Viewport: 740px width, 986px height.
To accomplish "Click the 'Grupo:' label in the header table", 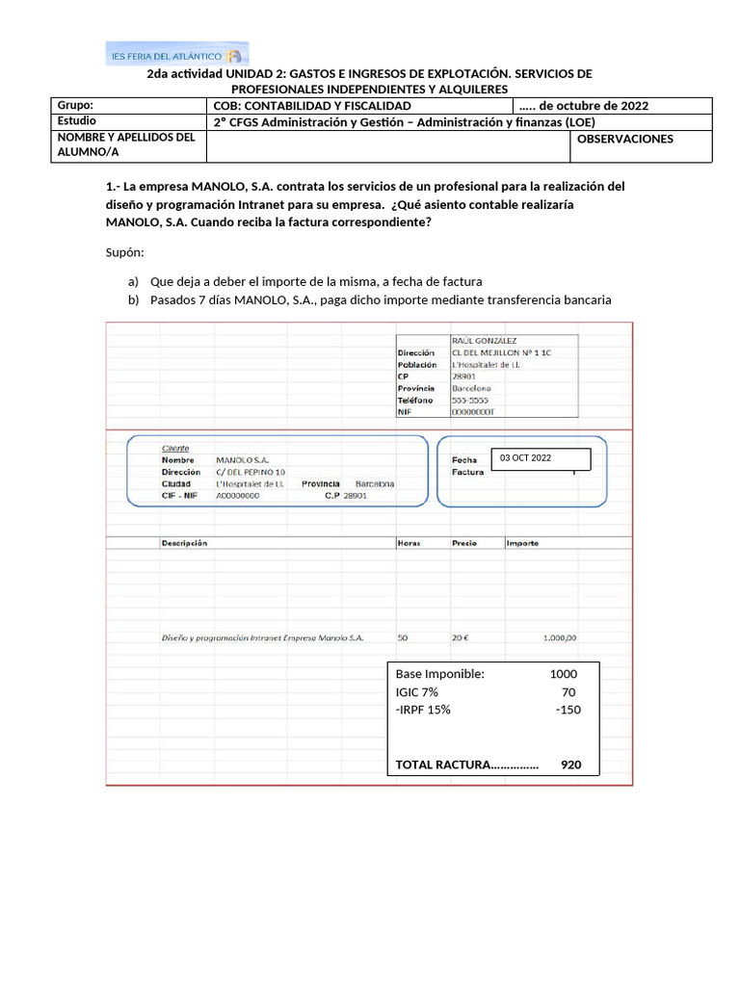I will click(x=78, y=105).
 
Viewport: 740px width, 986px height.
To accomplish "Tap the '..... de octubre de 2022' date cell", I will click(x=584, y=105).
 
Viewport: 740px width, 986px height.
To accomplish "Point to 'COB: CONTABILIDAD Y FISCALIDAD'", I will click(x=312, y=105).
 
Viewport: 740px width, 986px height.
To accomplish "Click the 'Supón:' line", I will click(x=124, y=252).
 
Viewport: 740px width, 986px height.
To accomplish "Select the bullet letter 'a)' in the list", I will click(x=133, y=281).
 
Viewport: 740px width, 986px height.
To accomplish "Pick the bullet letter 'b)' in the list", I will click(x=133, y=299).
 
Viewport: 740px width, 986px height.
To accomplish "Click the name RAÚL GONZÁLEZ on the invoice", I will click(x=484, y=341).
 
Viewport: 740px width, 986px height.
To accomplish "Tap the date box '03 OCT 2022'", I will click(x=540, y=458).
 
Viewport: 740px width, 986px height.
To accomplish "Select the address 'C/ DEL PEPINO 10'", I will click(x=251, y=473).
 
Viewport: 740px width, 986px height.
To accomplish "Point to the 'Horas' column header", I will click(x=409, y=543).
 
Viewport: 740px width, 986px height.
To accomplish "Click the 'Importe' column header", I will click(x=522, y=543).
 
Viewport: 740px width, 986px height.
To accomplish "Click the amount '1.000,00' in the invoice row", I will click(x=559, y=637).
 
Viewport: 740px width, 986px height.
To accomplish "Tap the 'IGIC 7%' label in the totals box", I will click(x=416, y=691).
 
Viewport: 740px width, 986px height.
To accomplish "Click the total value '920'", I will click(x=570, y=765).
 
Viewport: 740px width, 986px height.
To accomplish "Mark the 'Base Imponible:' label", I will click(x=439, y=674).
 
